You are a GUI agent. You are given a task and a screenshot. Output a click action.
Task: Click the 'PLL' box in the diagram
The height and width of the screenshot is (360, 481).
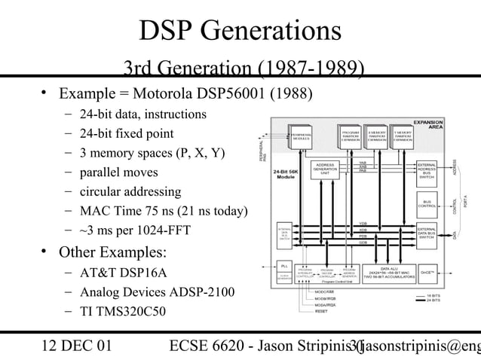click(283, 266)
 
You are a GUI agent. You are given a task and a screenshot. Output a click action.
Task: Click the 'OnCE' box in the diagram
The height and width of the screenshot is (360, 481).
click(427, 273)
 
